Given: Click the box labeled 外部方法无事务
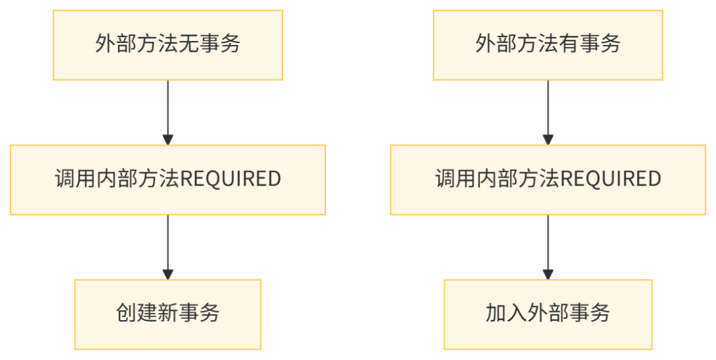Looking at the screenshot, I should pos(168,45).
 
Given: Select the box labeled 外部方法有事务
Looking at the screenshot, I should pos(548,45).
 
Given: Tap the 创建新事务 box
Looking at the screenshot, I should pos(168,314).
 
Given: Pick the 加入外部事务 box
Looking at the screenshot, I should pos(548,314).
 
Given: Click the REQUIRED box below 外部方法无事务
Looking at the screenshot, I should pos(168,180).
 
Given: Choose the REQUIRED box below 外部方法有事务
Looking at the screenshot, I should pos(548,180).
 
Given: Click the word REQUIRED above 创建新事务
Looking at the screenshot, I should pos(231,179).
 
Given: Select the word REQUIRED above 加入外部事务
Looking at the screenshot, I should pos(611,179).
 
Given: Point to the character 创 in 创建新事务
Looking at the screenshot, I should pos(126,313).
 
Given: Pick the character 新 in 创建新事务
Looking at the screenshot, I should pos(168,313).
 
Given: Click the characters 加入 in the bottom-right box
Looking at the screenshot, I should pos(506,313).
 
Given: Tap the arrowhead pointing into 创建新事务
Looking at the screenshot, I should pos(168,274).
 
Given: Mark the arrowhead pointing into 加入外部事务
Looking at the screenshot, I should pos(548,274).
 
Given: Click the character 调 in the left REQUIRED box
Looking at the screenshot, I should pos(64,179).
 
